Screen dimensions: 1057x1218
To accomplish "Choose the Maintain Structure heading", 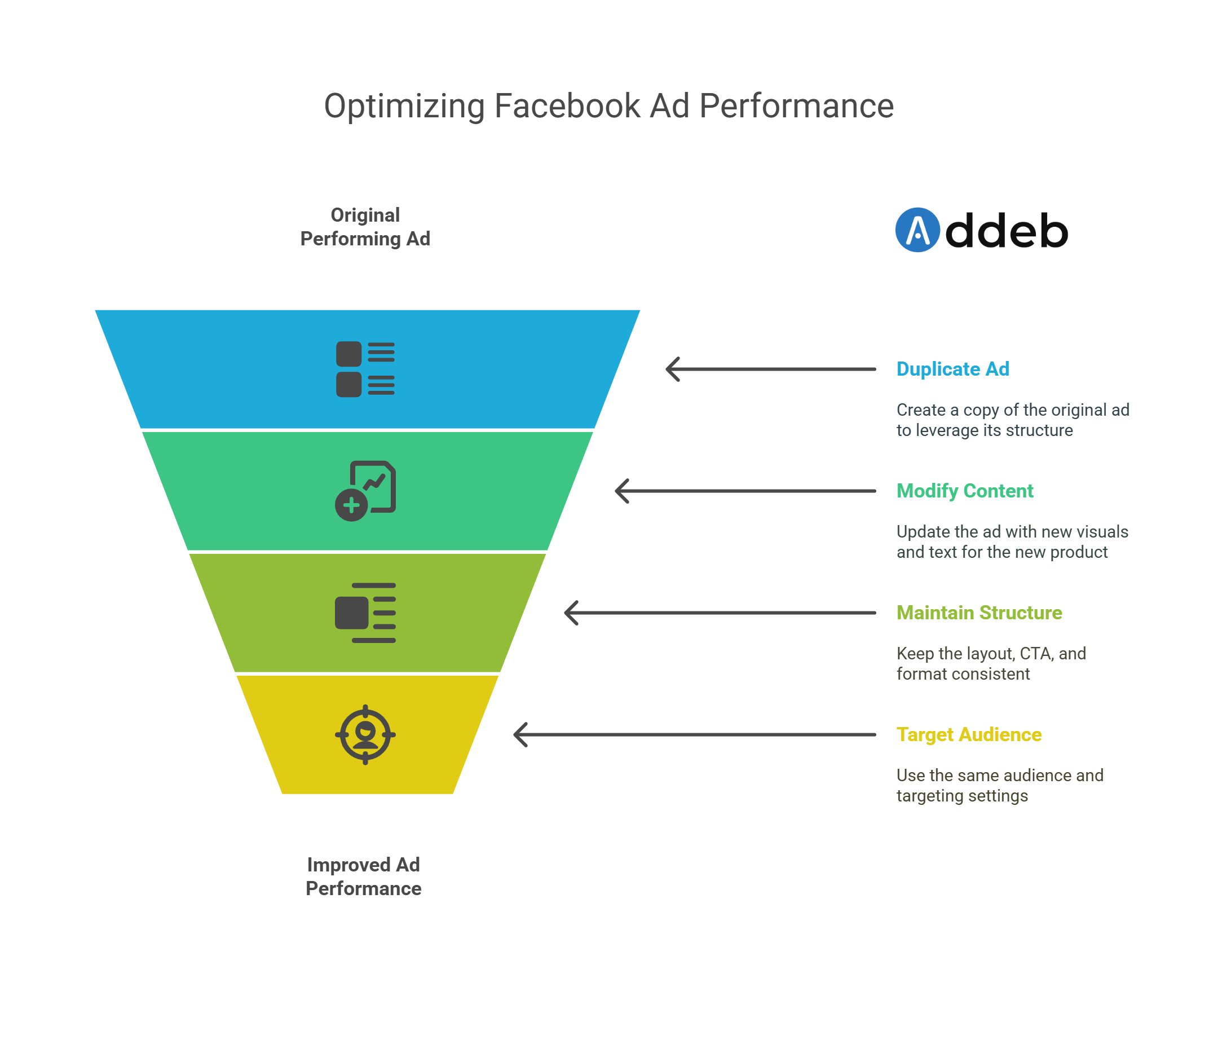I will coord(979,613).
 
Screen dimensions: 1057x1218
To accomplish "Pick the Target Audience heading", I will coord(969,734).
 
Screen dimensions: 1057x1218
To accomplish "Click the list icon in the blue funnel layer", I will coord(365,369).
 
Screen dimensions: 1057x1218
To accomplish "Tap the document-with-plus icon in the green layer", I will coord(365,491).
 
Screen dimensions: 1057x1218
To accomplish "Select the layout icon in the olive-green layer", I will coord(365,613).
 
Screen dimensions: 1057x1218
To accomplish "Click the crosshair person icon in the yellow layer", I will coord(365,734).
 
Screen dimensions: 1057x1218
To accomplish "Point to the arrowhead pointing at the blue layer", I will coord(672,369).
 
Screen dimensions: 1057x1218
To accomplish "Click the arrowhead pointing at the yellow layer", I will coord(519,734).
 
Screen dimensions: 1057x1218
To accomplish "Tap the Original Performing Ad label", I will coord(365,227).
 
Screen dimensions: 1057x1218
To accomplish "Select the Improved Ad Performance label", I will coord(363,877).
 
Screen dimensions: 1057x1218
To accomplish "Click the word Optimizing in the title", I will coord(404,107).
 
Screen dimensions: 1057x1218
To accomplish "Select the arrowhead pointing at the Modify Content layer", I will coord(621,491).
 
